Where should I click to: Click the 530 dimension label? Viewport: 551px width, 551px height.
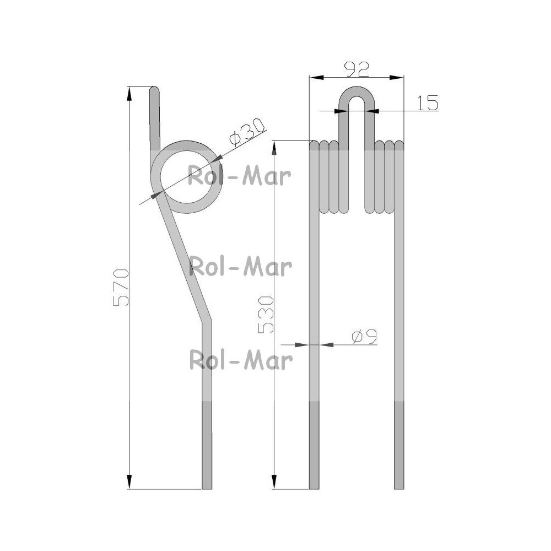(266, 315)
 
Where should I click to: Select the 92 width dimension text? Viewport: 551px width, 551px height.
(356, 69)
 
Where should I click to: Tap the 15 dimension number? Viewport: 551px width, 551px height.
(428, 102)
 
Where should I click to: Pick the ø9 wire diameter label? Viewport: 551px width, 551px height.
(364, 337)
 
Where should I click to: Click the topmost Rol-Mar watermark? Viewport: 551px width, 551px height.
(239, 176)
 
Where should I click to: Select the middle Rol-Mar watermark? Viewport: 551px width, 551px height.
(240, 266)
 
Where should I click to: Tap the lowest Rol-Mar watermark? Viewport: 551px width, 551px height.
(241, 359)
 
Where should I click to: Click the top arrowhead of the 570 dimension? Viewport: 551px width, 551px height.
(129, 94)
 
